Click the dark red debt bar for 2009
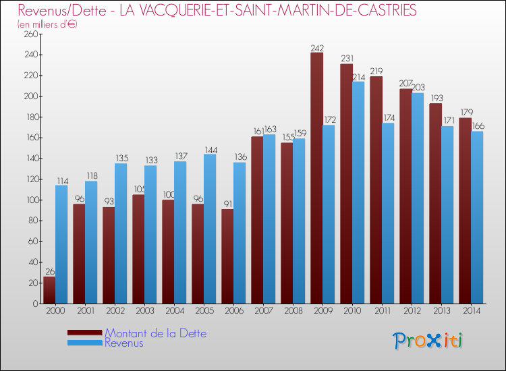click(316, 178)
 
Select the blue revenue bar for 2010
click(358, 192)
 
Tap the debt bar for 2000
click(49, 290)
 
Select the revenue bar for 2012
click(418, 198)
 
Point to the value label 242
click(317, 48)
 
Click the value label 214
click(358, 77)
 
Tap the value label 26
click(49, 272)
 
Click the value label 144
click(210, 150)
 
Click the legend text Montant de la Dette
click(156, 333)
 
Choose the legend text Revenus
click(124, 343)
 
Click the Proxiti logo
click(428, 341)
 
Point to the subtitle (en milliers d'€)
click(48, 24)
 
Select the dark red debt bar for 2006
click(227, 256)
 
